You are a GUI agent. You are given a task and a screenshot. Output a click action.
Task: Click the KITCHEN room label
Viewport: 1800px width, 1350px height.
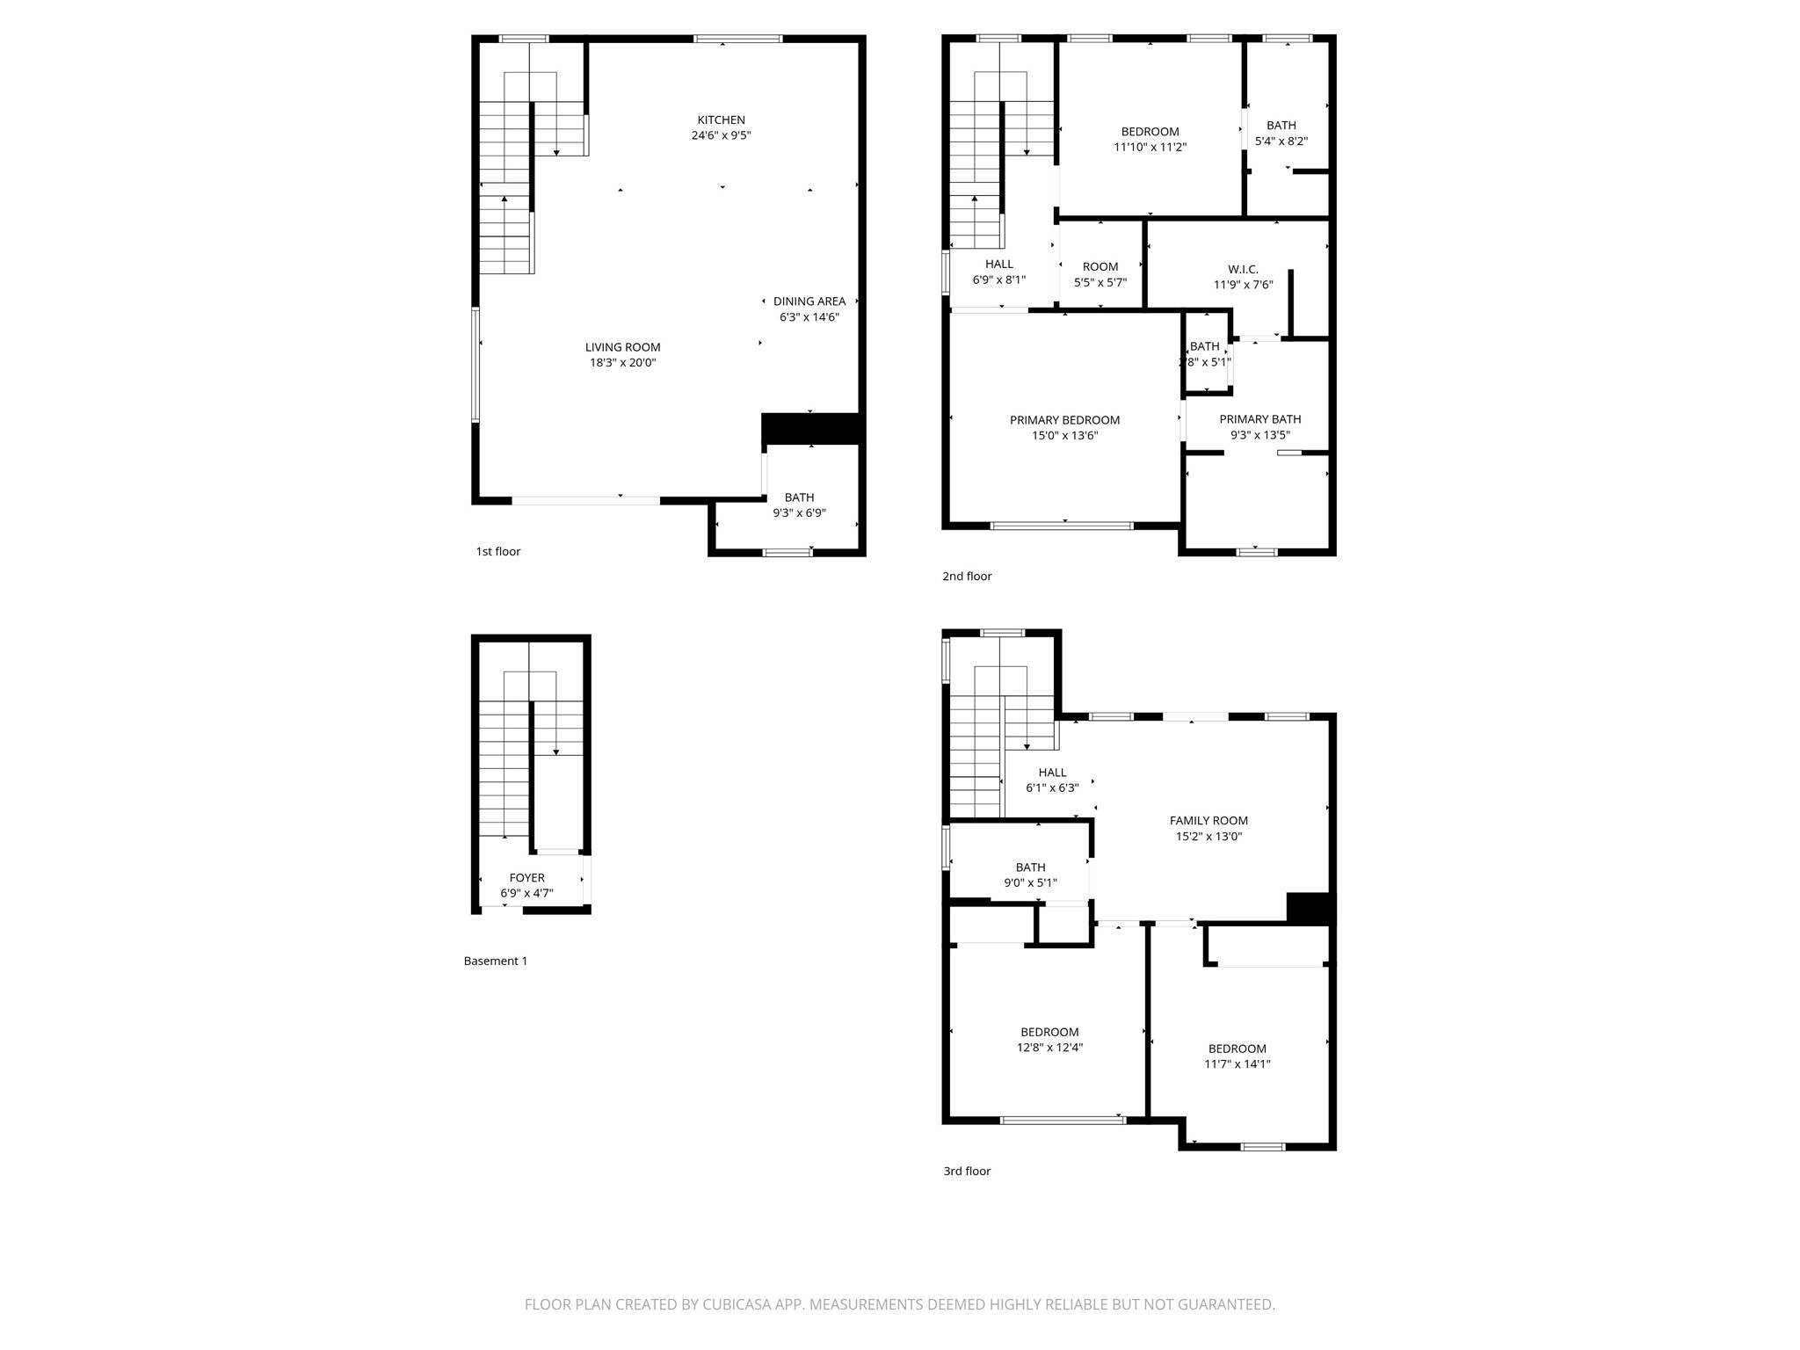click(x=721, y=120)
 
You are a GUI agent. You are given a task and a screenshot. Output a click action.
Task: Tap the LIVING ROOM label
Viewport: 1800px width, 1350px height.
click(x=622, y=347)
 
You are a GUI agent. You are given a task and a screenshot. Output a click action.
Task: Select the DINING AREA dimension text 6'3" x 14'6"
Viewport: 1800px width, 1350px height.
click(x=809, y=317)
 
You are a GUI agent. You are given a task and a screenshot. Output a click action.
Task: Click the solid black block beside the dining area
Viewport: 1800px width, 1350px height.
click(x=809, y=429)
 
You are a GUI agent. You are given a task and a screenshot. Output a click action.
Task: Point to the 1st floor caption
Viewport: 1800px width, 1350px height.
click(x=497, y=552)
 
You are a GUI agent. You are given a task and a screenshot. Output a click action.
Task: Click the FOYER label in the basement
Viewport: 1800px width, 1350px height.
click(x=526, y=878)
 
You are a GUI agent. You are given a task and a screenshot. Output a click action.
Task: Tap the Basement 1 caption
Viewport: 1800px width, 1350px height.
click(x=496, y=962)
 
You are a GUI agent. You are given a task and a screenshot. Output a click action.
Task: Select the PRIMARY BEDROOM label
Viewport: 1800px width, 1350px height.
click(x=1064, y=420)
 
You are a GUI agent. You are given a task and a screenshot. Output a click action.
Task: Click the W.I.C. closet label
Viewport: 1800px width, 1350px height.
click(x=1243, y=269)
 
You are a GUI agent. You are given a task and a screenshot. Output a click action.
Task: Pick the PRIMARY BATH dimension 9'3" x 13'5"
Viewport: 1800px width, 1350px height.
click(x=1259, y=435)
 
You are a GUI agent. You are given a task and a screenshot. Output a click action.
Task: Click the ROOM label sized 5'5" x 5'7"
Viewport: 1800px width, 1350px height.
click(x=1100, y=266)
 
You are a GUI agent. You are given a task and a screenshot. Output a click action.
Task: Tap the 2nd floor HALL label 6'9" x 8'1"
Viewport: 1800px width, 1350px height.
click(x=998, y=264)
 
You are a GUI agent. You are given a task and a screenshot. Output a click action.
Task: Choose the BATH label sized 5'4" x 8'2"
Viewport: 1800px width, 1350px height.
click(x=1281, y=126)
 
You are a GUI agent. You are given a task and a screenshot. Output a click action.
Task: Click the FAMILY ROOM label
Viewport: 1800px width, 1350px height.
click(x=1208, y=821)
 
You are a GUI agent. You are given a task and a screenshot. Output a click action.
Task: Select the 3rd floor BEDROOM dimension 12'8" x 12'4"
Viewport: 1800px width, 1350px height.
click(x=1049, y=1048)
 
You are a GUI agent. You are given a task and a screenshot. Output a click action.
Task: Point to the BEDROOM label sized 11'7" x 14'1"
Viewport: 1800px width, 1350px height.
click(x=1237, y=1049)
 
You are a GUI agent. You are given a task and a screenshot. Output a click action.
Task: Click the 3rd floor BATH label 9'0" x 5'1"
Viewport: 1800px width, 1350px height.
click(x=1030, y=867)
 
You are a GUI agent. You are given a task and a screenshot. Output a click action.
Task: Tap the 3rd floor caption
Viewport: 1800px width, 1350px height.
click(x=967, y=1172)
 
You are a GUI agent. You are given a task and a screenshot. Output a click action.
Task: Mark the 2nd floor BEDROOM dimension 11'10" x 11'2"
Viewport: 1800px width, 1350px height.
click(x=1150, y=148)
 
